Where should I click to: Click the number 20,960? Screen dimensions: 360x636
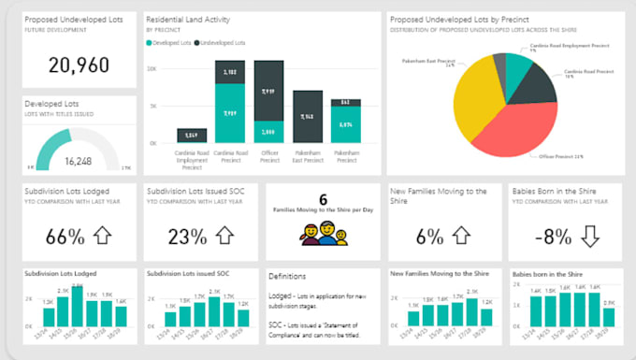[x=79, y=65]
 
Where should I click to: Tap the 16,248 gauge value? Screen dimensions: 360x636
[x=78, y=161]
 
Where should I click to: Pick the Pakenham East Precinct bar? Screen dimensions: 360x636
[x=308, y=117]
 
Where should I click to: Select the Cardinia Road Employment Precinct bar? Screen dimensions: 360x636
[x=192, y=136]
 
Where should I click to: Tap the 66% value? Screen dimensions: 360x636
[x=65, y=237]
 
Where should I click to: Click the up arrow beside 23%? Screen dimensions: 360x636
[x=224, y=237]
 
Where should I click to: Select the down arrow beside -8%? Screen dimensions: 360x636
[x=588, y=237]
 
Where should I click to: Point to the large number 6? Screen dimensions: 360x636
[x=323, y=199]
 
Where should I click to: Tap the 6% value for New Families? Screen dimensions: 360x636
[x=429, y=237]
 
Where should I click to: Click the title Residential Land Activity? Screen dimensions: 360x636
[x=194, y=18]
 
